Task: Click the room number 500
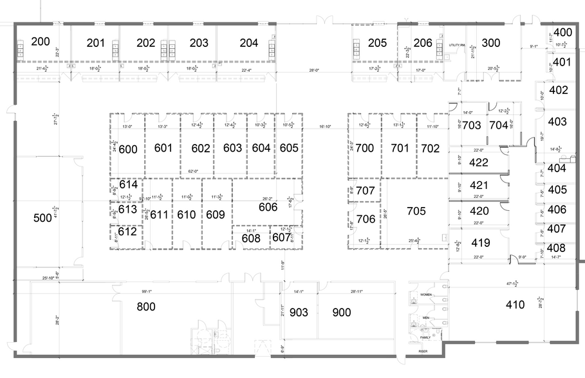[42, 218]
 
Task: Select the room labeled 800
[147, 307]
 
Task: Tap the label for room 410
[515, 304]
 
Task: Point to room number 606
[268, 207]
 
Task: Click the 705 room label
[416, 210]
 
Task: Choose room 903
[299, 312]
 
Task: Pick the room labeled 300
[491, 43]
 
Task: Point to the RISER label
[422, 352]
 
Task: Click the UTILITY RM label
[456, 46]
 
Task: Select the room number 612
[127, 232]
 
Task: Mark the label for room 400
[562, 32]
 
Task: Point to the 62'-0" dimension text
[194, 172]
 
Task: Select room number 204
[248, 43]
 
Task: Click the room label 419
[480, 243]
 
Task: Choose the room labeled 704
[499, 125]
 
